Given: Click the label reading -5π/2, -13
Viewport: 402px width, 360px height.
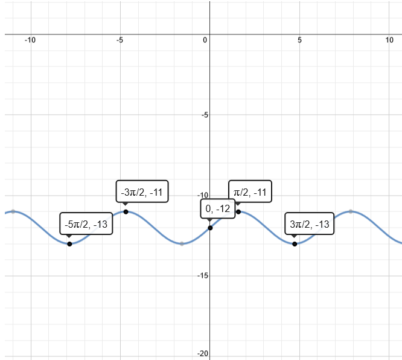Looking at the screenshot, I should click(86, 224).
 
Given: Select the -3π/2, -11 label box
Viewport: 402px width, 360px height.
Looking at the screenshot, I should click(142, 193).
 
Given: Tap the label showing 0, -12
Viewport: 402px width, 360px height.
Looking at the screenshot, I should click(218, 209).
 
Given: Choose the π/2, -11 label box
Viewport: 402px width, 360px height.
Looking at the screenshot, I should click(250, 193).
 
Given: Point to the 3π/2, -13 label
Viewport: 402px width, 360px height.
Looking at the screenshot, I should click(310, 224).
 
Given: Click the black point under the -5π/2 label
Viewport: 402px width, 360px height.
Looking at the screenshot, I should click(69, 243).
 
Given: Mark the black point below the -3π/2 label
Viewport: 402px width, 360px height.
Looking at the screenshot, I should click(126, 211).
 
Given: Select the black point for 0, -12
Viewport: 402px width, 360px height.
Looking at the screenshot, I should click(210, 227).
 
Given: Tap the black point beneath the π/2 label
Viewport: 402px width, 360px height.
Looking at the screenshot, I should click(238, 211).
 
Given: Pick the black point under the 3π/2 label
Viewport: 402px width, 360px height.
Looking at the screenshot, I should click(294, 243).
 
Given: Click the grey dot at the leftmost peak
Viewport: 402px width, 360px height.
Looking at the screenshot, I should click(13, 211).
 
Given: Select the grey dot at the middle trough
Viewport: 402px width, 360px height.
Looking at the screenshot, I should click(182, 243).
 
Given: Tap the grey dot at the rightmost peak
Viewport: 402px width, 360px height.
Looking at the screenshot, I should click(351, 211).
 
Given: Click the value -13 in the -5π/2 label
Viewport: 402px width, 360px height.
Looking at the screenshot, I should click(100, 224).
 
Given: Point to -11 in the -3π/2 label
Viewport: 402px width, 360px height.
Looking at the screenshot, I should click(156, 193).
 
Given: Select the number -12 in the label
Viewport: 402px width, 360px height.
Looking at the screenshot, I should click(223, 209).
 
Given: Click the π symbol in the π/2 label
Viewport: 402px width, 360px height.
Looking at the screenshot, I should click(237, 193).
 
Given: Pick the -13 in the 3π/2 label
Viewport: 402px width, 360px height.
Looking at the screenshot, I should click(322, 224).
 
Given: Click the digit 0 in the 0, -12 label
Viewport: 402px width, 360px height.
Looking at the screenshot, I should click(208, 209).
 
